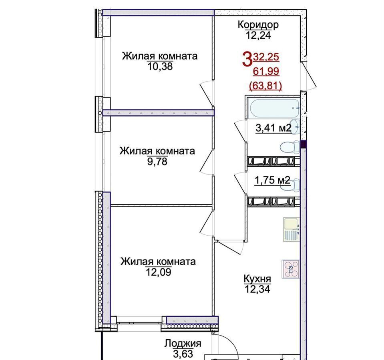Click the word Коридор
pyautogui.click(x=258, y=25)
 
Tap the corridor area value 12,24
pyautogui.click(x=258, y=36)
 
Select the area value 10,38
pyautogui.click(x=160, y=66)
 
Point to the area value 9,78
pyautogui.click(x=157, y=162)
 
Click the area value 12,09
pyautogui.click(x=159, y=272)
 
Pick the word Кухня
pyautogui.click(x=257, y=278)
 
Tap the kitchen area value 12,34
pyautogui.click(x=257, y=289)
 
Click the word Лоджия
pyautogui.click(x=183, y=344)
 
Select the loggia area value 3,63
pyautogui.click(x=183, y=354)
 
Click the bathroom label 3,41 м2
pyautogui.click(x=273, y=128)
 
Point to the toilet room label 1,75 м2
pyautogui.click(x=273, y=180)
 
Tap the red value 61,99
pyautogui.click(x=266, y=72)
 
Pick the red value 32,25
pyautogui.click(x=266, y=57)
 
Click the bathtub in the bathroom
pyautogui.click(x=274, y=108)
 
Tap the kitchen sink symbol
pyautogui.click(x=292, y=230)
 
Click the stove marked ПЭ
pyautogui.click(x=291, y=269)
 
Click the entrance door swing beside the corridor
pyautogui.click(x=309, y=76)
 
